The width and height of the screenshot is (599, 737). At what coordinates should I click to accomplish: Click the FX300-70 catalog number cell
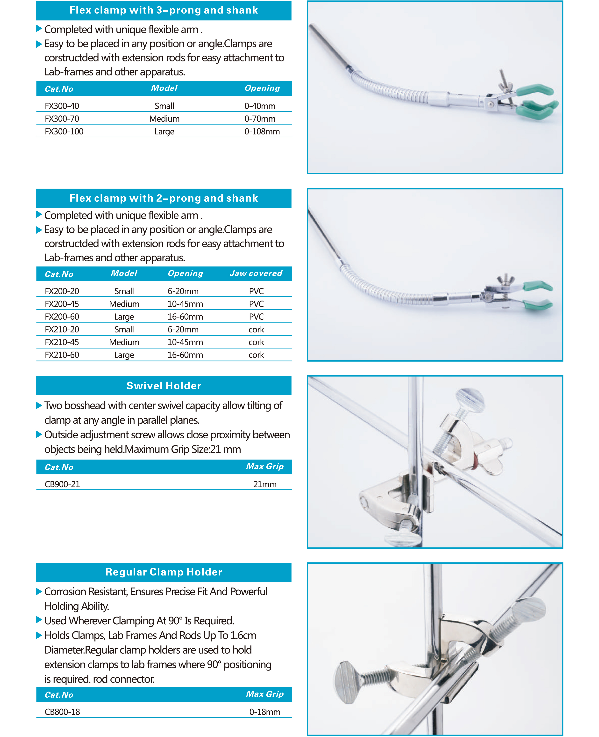point(62,118)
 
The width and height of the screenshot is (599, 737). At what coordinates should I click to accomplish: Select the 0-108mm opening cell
point(262,131)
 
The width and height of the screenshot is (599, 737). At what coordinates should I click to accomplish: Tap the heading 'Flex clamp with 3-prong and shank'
point(164,10)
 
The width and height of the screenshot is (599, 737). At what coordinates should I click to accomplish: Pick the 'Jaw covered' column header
point(256,273)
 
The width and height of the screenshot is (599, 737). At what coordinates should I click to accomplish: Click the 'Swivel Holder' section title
point(164,385)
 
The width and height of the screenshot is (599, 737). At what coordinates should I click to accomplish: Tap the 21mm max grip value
point(265,484)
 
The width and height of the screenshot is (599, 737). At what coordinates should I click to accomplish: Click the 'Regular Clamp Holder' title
point(164,572)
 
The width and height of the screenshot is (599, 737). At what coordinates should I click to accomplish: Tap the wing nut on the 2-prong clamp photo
point(506,280)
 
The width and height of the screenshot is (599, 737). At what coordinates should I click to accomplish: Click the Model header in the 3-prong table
point(164,88)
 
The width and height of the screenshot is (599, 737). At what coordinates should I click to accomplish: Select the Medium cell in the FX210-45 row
point(124,342)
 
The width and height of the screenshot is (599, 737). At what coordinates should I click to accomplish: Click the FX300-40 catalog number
point(62,106)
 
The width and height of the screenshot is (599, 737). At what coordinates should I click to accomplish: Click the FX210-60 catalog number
point(62,355)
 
